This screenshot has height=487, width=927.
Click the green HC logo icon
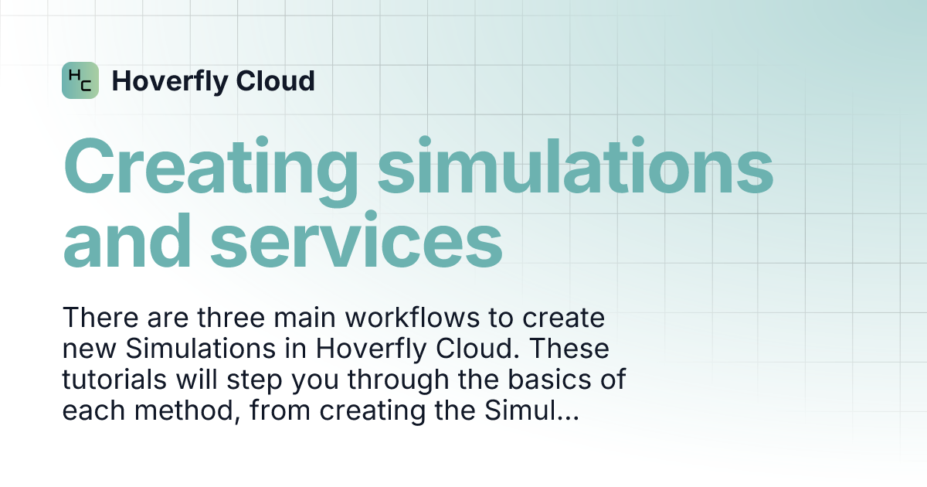click(x=80, y=80)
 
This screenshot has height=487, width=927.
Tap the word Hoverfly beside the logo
click(x=170, y=82)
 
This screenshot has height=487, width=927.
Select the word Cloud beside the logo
click(x=276, y=80)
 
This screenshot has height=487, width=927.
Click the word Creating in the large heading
click(x=211, y=171)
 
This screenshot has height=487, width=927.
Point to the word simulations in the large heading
click(x=576, y=166)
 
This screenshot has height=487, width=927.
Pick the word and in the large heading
click(x=127, y=240)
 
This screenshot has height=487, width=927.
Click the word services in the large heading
click(x=357, y=241)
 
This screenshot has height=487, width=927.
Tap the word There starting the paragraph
click(x=100, y=318)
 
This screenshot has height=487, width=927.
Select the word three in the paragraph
click(x=231, y=318)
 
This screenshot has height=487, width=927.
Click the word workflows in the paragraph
click(x=413, y=318)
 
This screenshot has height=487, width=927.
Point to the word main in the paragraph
click(x=305, y=318)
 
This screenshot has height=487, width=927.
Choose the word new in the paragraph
click(x=89, y=349)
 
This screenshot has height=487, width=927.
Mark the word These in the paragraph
click(x=569, y=349)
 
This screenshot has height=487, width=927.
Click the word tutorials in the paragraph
click(x=114, y=380)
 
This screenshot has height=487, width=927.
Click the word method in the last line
click(x=188, y=410)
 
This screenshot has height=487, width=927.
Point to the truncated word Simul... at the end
click(x=531, y=410)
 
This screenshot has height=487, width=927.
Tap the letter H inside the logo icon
click(x=74, y=76)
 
